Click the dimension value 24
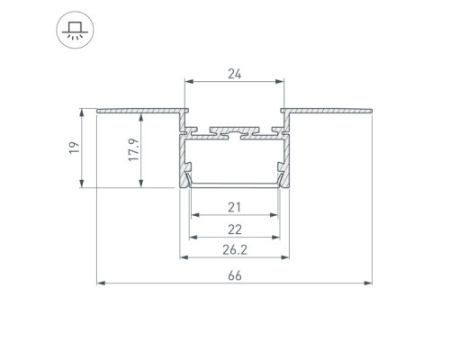(234, 74)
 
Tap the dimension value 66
(234, 275)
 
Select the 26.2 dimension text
(235, 250)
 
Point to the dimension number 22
(235, 229)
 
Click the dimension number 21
(234, 207)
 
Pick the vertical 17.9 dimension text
(134, 150)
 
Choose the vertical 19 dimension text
(75, 148)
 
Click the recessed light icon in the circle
(75, 31)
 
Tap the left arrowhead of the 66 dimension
(101, 283)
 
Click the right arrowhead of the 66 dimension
(368, 283)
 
